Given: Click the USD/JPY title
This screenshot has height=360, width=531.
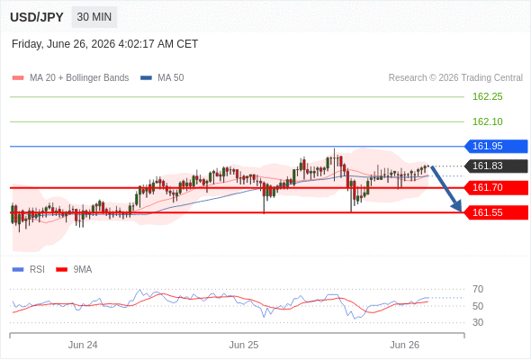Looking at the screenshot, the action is click(x=37, y=17).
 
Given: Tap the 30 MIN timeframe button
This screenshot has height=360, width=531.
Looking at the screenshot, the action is click(x=94, y=17).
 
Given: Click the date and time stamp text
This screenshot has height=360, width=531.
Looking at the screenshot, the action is click(x=104, y=44).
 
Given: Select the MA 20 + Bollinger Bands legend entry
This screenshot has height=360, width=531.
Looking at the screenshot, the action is click(x=70, y=78).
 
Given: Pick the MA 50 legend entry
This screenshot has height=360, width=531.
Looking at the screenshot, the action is click(x=162, y=78).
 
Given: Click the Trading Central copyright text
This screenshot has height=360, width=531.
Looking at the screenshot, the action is click(x=455, y=78).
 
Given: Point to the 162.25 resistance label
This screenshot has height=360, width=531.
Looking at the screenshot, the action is click(x=487, y=97).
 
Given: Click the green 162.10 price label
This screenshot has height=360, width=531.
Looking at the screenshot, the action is click(x=487, y=121).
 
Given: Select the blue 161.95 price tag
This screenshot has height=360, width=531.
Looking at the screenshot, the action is click(x=496, y=147).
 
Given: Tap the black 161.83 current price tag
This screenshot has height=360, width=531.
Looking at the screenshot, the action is click(x=496, y=166).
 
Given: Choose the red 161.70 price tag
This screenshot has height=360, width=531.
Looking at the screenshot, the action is click(x=496, y=187).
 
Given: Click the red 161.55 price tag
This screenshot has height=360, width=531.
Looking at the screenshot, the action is click(x=496, y=212).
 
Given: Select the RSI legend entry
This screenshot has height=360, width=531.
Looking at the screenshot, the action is click(x=29, y=270).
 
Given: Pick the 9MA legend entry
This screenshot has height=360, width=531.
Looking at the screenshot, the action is click(x=74, y=270).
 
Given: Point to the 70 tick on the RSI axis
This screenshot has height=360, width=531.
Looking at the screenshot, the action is click(x=478, y=289).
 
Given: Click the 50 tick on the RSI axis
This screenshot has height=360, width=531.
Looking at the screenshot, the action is click(x=478, y=306).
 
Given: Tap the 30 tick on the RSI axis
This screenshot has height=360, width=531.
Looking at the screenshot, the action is click(x=478, y=322).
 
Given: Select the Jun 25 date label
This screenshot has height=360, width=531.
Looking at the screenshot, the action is click(x=244, y=345).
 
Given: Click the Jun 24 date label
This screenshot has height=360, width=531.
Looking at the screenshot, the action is click(x=83, y=345).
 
